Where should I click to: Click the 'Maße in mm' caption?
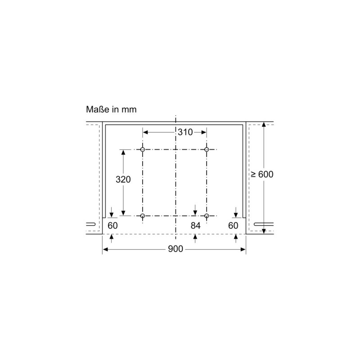click(111, 109)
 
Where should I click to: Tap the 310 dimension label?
click(184, 132)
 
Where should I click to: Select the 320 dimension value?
click(123, 179)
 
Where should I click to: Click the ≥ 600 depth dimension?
click(262, 174)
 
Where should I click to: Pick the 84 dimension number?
click(195, 225)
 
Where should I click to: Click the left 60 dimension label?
click(112, 225)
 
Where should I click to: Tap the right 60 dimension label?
click(233, 225)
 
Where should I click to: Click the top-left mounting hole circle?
click(143, 149)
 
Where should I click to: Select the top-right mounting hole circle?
click(207, 149)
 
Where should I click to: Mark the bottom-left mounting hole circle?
click(143, 216)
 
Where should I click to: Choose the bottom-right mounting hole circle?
click(207, 216)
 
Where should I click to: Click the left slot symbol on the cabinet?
click(90, 224)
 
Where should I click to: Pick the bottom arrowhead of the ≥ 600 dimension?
click(264, 231)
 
